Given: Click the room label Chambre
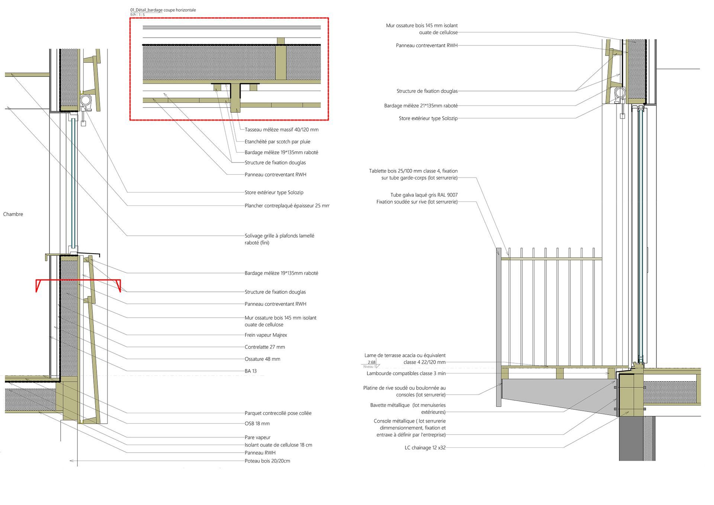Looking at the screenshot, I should tap(13, 214).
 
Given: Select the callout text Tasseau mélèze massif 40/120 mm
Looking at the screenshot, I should tap(282, 130).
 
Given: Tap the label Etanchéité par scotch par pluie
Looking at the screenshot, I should tap(277, 142).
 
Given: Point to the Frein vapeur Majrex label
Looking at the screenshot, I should tap(266, 335).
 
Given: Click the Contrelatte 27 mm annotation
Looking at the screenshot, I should tap(265, 347).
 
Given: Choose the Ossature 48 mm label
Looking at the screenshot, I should tap(263, 359).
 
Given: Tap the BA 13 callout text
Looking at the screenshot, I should tap(251, 371).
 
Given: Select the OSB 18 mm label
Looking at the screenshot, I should tap(257, 424).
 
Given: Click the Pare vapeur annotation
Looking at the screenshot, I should tap(258, 437).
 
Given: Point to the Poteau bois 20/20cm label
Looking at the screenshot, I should tap(267, 461).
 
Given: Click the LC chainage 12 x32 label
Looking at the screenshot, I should tap(425, 448).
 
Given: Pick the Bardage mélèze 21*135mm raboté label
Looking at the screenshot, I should tap(421, 106).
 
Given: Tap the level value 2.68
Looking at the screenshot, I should tap(372, 362).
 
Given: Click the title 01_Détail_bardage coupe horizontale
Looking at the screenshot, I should tap(163, 10).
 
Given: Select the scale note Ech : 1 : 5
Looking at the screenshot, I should tap(137, 15).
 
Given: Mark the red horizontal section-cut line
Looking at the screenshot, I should tap(78, 280).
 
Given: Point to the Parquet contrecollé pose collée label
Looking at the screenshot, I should tap(278, 413).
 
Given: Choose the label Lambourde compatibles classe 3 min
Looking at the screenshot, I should tap(406, 373).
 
